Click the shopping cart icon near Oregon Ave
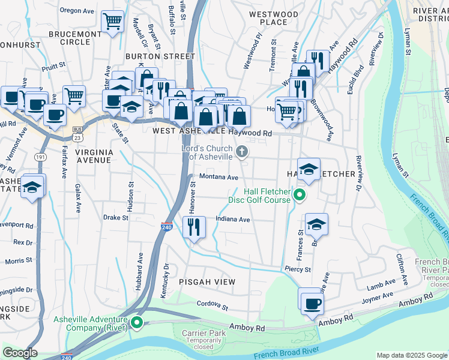[112, 22]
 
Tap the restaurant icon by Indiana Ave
[194, 227]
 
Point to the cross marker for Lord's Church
[243, 151]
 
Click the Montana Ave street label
[219, 178]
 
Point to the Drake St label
[116, 218]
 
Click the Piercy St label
[298, 270]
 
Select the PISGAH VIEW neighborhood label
[207, 281]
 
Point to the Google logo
[20, 353]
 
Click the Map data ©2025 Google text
[411, 355]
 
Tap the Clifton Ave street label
[405, 269]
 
